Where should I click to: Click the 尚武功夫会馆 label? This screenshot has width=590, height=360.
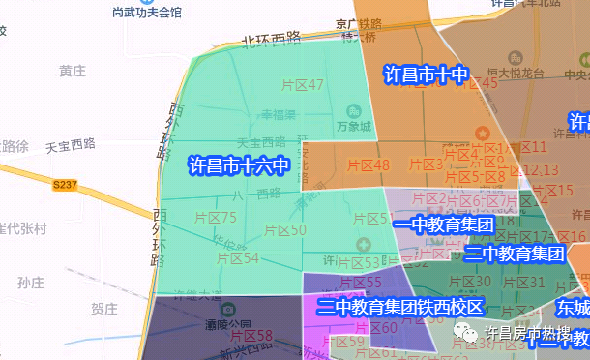click(148, 13)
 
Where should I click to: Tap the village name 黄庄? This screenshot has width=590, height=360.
click(73, 72)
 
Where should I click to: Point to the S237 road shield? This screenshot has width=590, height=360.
click(65, 183)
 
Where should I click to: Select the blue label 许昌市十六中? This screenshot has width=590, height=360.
click(238, 165)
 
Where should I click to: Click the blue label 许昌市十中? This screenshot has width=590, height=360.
click(426, 75)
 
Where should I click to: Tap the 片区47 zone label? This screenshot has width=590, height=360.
click(302, 85)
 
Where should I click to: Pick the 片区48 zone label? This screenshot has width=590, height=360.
click(369, 165)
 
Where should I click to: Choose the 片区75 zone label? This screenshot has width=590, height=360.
click(215, 218)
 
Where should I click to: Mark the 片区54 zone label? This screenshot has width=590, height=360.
click(238, 257)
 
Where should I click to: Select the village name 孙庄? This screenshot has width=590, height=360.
click(31, 283)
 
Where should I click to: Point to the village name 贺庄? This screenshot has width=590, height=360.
click(103, 309)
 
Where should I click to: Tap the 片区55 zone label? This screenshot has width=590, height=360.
click(360, 283)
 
